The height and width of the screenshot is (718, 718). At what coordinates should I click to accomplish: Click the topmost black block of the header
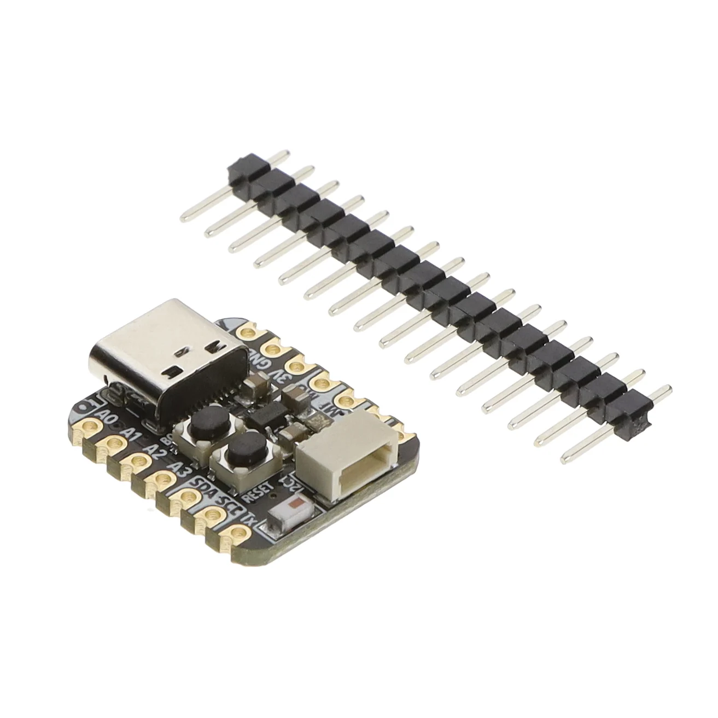coord(240,167)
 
